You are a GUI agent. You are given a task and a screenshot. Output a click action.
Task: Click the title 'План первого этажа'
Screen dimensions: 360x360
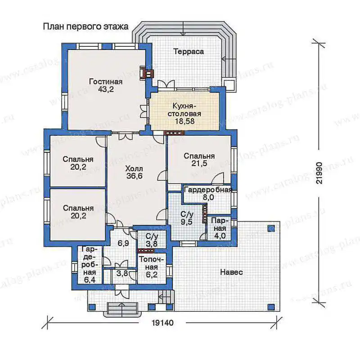click(x=85, y=27)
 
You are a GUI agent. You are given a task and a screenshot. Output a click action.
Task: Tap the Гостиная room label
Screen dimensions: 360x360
click(x=106, y=81)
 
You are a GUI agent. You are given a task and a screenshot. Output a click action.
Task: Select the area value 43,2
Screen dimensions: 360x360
click(x=106, y=89)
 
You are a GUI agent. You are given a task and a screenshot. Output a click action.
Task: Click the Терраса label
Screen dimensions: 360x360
click(x=189, y=51)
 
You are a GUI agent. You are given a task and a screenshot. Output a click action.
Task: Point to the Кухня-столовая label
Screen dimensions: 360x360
click(x=184, y=110)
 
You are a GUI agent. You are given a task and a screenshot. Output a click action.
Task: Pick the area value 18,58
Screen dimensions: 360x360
click(x=185, y=121)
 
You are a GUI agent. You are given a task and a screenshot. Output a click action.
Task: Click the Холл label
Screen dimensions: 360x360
click(x=134, y=169)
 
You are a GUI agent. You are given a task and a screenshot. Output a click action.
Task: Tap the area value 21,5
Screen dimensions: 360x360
click(x=199, y=163)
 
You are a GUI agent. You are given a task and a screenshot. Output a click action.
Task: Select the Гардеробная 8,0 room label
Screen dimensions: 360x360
click(x=208, y=193)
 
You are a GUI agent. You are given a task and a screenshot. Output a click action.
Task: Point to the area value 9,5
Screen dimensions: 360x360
click(x=186, y=222)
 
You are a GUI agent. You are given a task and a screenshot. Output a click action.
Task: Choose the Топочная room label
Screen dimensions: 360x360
click(x=152, y=263)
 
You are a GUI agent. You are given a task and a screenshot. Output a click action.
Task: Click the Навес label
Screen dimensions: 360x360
click(x=231, y=273)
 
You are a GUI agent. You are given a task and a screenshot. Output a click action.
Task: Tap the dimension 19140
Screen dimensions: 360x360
click(x=162, y=323)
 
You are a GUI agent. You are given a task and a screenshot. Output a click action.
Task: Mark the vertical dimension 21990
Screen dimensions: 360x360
click(x=319, y=173)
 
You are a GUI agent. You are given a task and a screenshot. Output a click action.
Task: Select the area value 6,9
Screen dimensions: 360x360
click(x=123, y=243)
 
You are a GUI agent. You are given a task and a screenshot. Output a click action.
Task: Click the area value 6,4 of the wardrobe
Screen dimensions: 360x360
click(x=90, y=280)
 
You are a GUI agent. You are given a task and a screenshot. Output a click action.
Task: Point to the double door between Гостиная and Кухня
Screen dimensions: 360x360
click(x=144, y=111)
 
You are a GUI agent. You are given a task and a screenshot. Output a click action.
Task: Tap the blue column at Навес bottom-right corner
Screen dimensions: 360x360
click(x=271, y=306)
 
